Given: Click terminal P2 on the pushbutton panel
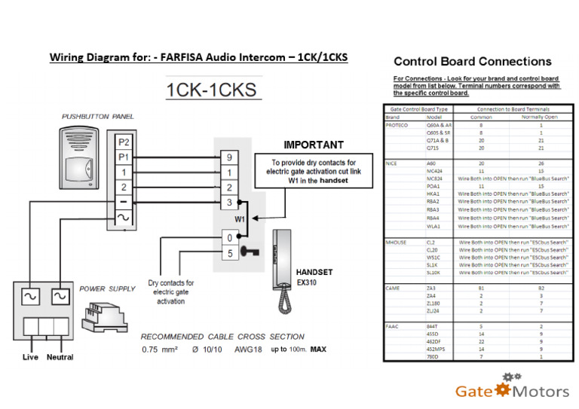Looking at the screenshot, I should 124,142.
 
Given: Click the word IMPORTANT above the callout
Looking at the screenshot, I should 314,145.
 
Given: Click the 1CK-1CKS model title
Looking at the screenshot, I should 212,90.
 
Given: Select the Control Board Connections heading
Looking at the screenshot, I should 472,62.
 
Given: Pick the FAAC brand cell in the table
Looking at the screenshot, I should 392,325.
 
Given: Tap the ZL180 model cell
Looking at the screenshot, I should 433,303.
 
